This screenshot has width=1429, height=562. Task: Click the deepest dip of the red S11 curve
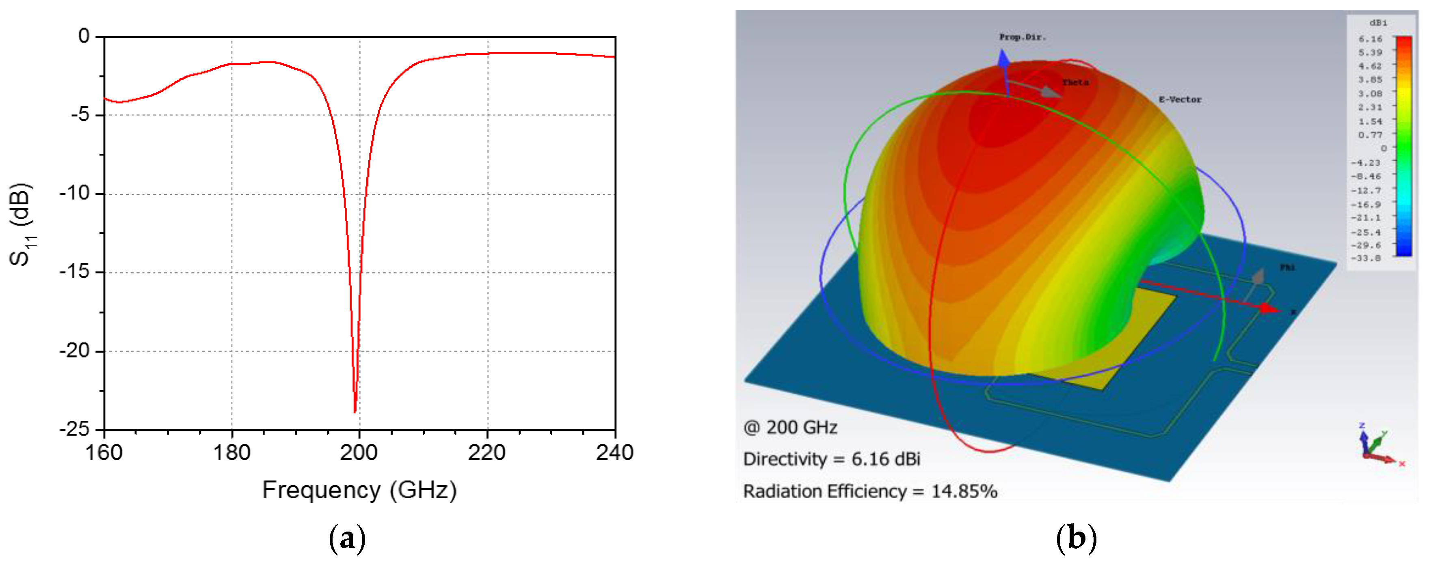pos(355,411)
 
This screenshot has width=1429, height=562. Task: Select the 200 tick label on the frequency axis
pos(359,453)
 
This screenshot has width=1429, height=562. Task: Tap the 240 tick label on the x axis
pos(615,453)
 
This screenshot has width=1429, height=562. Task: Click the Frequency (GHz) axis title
pos(359,490)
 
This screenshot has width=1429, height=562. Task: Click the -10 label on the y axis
pos(74,194)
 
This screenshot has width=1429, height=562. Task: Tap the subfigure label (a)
pos(347,538)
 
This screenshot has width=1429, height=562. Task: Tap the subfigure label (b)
pos(1076,538)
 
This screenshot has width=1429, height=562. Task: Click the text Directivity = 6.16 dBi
pos(831,459)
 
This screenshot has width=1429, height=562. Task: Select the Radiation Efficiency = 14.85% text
pos(869,491)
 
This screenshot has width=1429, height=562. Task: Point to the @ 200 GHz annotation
pos(790,427)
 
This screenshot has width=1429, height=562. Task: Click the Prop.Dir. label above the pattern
pos(1022,37)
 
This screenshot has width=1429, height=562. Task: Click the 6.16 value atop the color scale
pos(1370,39)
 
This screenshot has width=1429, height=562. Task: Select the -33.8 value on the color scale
pos(1365,258)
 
